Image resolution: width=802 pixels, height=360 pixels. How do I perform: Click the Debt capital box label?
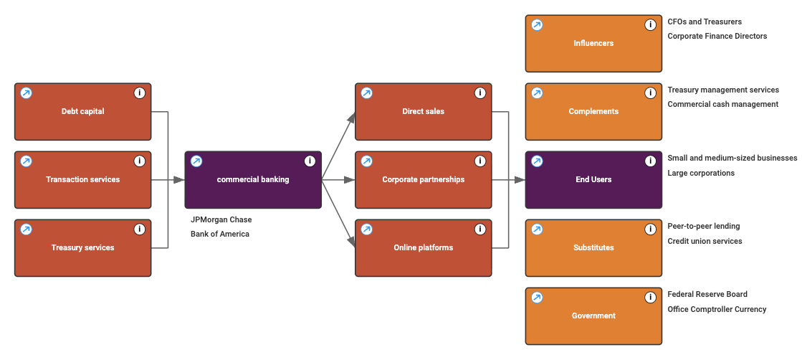coord(82,111)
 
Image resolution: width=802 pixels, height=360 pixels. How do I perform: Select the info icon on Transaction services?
coord(140,161)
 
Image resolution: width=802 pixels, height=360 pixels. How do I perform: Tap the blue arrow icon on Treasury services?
coord(26,229)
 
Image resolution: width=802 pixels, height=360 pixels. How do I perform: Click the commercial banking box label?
coord(253,179)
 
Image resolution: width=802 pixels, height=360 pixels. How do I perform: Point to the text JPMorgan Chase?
coord(221,219)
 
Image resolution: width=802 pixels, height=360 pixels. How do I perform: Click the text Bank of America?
coord(219,234)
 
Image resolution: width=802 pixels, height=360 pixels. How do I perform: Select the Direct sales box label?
coord(423,111)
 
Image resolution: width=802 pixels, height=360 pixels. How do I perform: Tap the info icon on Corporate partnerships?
coord(480,161)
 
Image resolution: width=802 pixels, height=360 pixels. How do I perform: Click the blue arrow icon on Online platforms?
coord(366,229)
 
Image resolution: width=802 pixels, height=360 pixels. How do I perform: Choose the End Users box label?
coord(593,179)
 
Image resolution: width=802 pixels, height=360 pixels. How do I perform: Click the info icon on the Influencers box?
coord(650,25)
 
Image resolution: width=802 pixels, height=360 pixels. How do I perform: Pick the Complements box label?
coord(593,111)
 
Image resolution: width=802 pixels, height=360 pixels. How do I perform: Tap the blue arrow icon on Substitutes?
coord(537,229)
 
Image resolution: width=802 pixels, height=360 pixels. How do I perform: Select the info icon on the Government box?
coord(650,298)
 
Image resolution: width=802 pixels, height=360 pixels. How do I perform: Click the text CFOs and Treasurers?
coord(705,22)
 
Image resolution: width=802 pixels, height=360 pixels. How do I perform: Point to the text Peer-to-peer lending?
coord(703,226)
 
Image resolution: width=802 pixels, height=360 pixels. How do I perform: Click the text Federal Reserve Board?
coord(707,294)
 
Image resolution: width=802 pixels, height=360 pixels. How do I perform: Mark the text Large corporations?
coord(701,173)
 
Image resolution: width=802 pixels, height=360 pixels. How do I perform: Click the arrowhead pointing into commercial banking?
coord(179,179)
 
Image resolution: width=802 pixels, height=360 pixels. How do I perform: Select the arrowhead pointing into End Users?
coord(520,179)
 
